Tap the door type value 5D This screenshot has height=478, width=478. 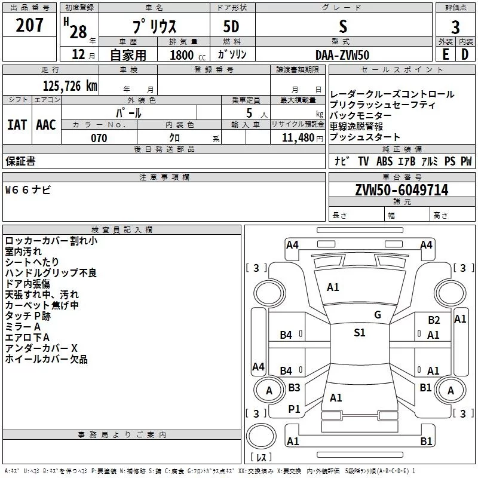tap(232, 27)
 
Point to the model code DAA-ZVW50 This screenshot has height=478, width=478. tap(342, 55)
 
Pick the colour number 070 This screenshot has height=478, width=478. tap(99, 138)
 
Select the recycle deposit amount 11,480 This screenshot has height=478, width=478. tap(294, 138)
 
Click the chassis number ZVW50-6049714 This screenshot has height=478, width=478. tap(402, 191)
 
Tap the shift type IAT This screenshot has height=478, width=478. tap(17, 124)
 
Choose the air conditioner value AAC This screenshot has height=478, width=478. tap(46, 124)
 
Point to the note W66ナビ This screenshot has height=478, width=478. tap(28, 191)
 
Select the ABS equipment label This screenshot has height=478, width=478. tap(384, 161)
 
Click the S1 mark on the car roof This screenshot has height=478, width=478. tap(359, 333)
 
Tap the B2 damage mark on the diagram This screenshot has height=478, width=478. tap(433, 320)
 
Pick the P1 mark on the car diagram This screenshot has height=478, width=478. tap(294, 409)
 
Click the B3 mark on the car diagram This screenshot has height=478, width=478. tap(294, 388)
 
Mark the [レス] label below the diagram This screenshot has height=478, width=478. tap(261, 458)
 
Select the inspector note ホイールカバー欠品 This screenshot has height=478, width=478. tap(46, 359)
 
